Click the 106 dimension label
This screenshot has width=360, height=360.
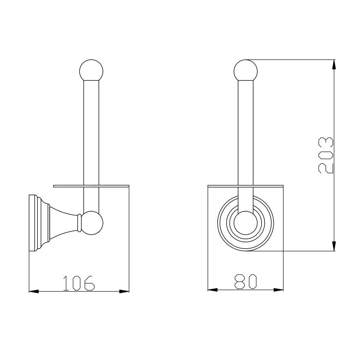pos(79,283)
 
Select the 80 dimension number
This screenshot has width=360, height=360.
pos(245,282)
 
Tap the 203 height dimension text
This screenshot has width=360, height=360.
pos(326,155)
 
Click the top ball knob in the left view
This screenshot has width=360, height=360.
pos(91,70)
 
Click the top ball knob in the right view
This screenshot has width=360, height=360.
pos(245,70)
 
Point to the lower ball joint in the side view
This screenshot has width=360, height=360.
pos(92,223)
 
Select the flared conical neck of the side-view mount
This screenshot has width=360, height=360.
pos(63,223)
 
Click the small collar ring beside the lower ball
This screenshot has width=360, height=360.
pos(79,223)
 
